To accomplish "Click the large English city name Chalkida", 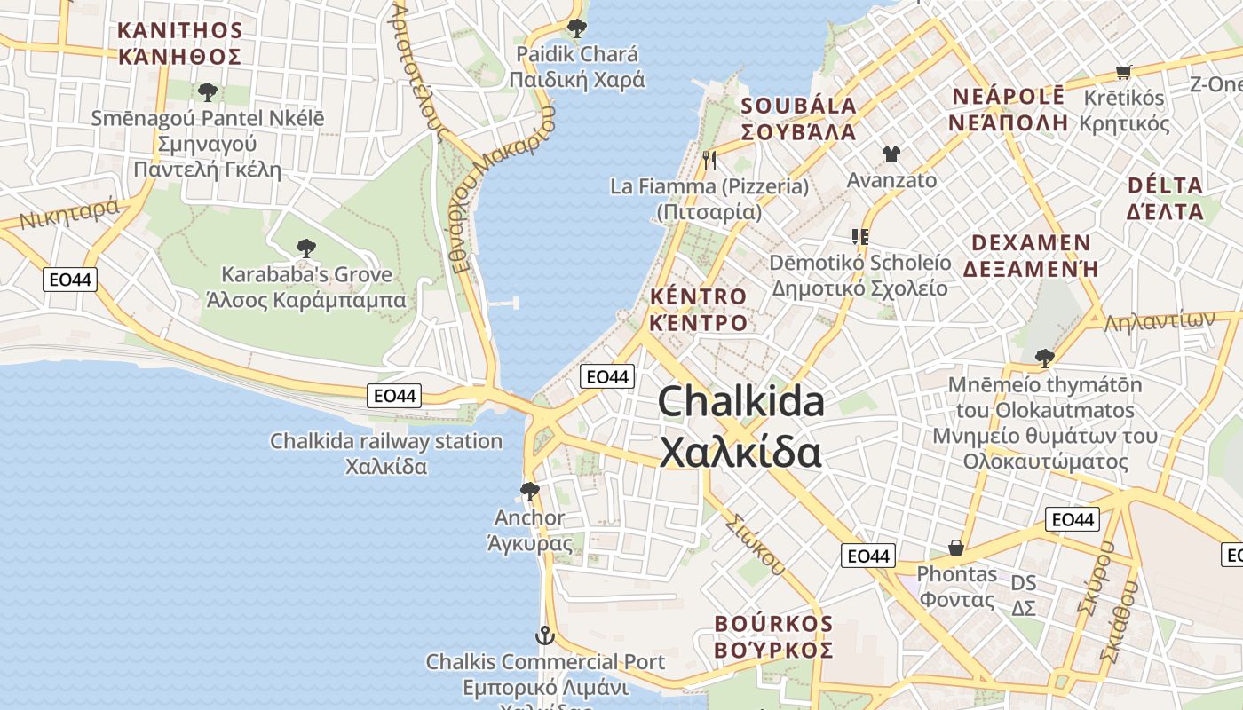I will (x=741, y=402).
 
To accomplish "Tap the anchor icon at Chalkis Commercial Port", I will (x=543, y=635).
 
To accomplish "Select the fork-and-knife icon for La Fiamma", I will (x=709, y=161).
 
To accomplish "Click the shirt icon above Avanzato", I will (x=891, y=154).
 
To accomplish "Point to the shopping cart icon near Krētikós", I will (x=1123, y=72).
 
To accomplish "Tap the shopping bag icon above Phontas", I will (x=956, y=548).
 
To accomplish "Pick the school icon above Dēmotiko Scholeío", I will (x=859, y=236).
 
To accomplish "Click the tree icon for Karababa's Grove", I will (x=305, y=248).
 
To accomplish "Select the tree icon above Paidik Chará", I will (x=576, y=28).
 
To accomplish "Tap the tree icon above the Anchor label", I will (x=530, y=491).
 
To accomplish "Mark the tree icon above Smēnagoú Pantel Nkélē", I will (x=208, y=91).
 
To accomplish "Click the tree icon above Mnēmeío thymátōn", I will (x=1044, y=358).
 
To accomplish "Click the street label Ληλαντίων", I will (x=1159, y=321).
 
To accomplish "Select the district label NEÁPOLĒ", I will (x=1008, y=97).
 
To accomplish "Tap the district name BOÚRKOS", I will (x=773, y=624).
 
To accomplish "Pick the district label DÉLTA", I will (x=1165, y=186).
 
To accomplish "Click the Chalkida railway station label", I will (x=386, y=441).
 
